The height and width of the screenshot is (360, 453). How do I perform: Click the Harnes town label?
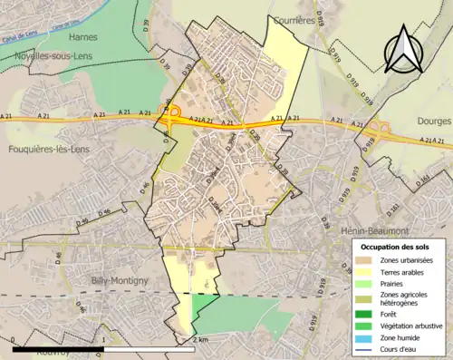coord(82,37)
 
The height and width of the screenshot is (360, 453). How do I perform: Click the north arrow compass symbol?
coord(401,50)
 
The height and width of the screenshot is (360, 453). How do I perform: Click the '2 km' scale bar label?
coord(201,339)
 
